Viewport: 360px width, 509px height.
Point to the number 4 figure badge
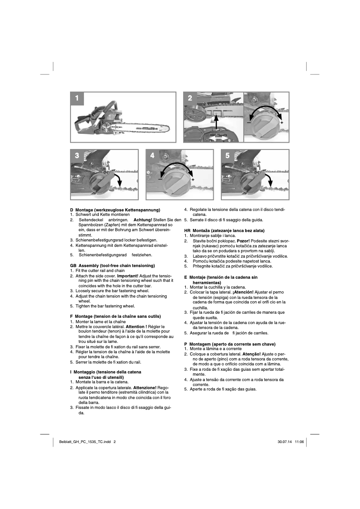tap(152, 156)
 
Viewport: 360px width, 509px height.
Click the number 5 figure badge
tap(228, 156)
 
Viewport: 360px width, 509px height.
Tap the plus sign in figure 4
tap(193, 180)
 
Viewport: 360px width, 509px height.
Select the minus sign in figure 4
tap(160, 180)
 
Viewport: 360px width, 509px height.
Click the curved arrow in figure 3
tap(118, 181)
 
